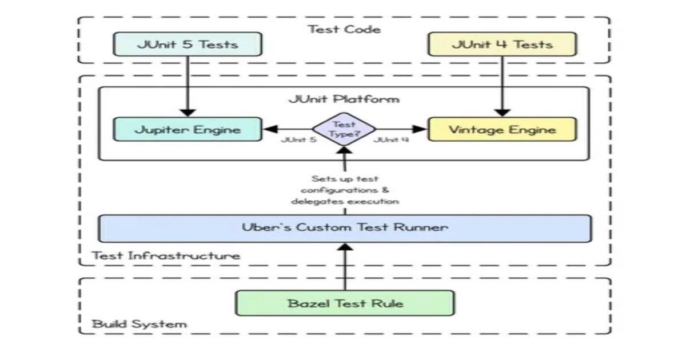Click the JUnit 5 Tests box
(x=188, y=44)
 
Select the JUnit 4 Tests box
(x=502, y=44)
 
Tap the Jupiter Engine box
(x=188, y=130)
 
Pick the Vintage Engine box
(x=502, y=130)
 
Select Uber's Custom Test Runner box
(x=345, y=227)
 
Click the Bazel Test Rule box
(x=345, y=303)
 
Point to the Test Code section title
(x=345, y=29)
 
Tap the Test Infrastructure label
(x=166, y=255)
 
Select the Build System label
(x=139, y=324)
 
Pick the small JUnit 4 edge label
(x=391, y=140)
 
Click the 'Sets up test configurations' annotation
(x=345, y=190)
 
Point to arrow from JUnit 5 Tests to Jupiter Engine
(x=188, y=86)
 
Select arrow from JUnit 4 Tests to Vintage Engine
(x=502, y=86)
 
